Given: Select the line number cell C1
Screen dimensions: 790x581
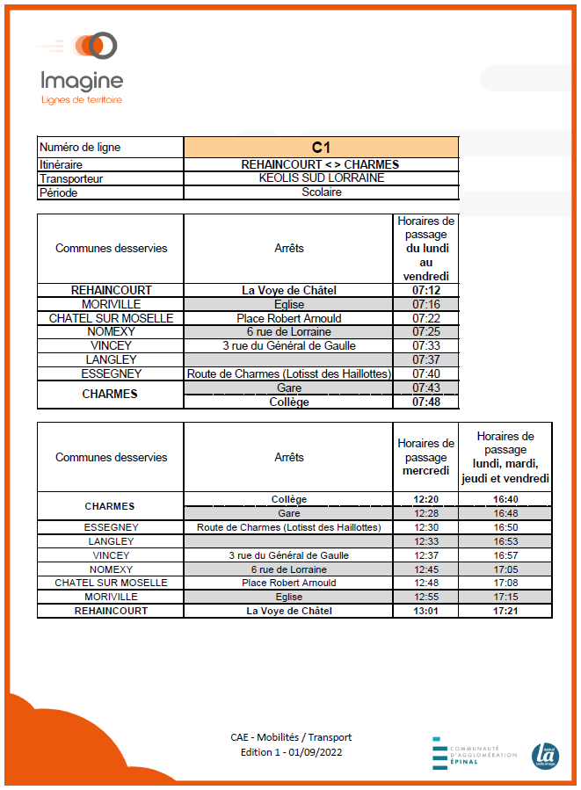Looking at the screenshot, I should (x=321, y=148).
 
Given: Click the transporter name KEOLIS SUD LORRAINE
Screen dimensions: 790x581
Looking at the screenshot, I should (x=321, y=178).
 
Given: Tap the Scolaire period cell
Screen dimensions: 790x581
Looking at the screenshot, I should (x=321, y=192).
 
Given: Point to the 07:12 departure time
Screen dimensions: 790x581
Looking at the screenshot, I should (x=425, y=290).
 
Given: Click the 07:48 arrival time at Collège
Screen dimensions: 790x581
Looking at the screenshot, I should (x=425, y=402).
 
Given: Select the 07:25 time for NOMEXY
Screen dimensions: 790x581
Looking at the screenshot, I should (x=425, y=332).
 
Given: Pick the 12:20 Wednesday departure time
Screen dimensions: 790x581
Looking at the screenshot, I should (x=425, y=499).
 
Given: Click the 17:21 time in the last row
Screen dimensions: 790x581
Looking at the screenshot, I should (x=504, y=610).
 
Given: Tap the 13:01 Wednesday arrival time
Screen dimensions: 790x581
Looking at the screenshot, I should (x=425, y=610).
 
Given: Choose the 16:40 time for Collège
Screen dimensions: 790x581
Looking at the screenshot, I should (x=504, y=499).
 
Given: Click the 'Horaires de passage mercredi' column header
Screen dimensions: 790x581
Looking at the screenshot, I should (x=425, y=457).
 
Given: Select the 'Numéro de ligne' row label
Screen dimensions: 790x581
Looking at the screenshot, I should (x=80, y=148).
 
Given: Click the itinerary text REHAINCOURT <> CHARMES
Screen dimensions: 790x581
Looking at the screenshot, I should (x=321, y=164).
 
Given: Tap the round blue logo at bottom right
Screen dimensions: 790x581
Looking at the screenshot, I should (x=545, y=756).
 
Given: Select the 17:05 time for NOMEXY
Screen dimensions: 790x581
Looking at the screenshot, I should (x=504, y=569).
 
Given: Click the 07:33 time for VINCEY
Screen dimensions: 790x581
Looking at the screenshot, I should (x=425, y=346).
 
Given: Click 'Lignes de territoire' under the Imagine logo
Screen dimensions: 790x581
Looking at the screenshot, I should (x=82, y=100).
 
